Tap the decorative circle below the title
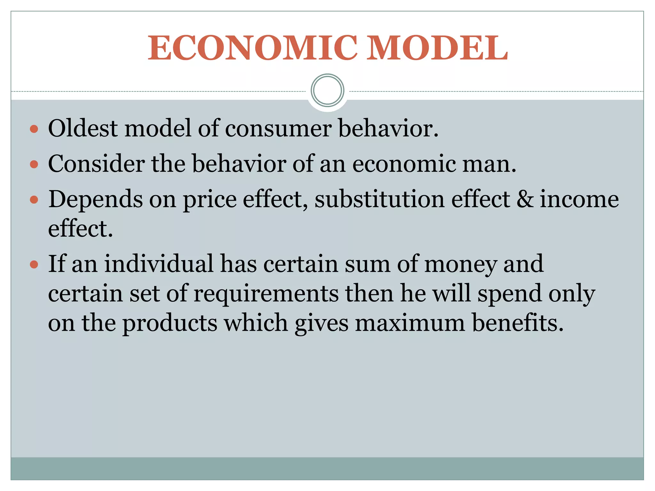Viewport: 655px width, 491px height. click(327, 90)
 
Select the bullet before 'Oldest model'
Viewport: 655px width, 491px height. click(34, 129)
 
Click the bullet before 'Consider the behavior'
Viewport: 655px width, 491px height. click(34, 165)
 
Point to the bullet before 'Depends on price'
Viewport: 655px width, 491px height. click(34, 200)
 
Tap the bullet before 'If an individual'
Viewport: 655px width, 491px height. click(34, 265)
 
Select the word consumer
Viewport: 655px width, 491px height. click(278, 129)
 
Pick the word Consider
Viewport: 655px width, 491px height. click(96, 164)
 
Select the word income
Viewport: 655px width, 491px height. click(579, 199)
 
